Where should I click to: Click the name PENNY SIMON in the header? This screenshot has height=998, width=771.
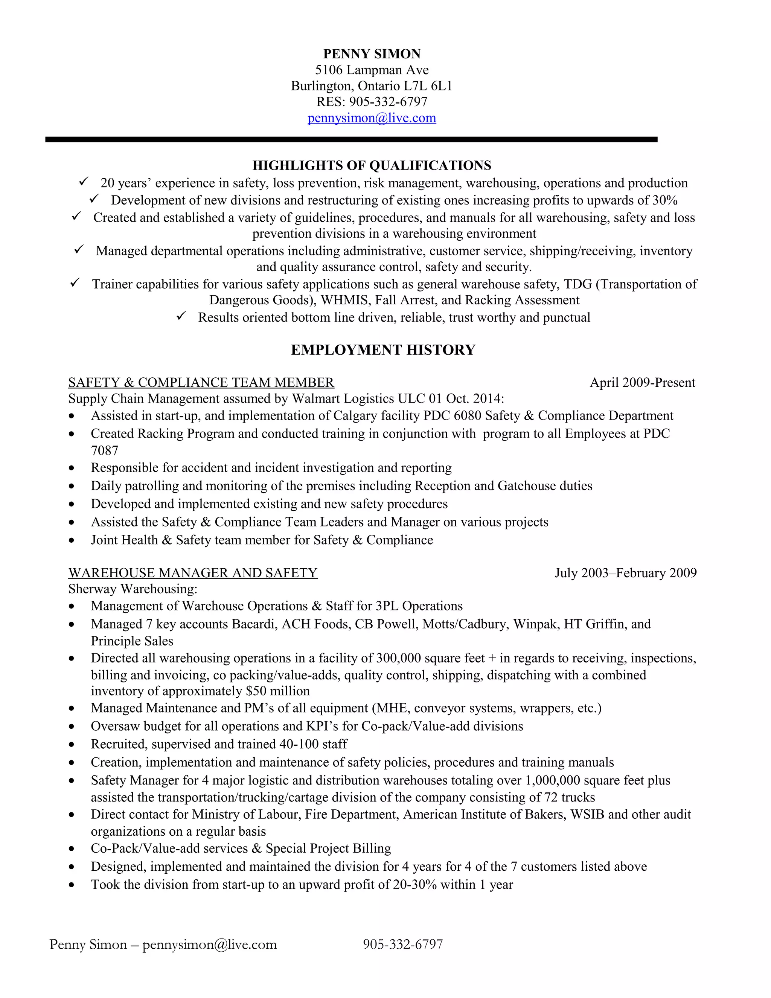click(x=372, y=54)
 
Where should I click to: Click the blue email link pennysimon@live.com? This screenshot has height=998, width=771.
click(x=372, y=118)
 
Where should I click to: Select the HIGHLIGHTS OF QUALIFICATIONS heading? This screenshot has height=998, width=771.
click(x=372, y=165)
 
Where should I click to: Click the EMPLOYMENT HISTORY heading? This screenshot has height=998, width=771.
click(x=383, y=349)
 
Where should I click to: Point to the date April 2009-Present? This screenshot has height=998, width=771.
click(x=642, y=383)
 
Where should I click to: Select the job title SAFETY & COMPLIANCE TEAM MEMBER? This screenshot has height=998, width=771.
click(x=201, y=383)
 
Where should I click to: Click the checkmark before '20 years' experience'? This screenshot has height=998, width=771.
click(x=84, y=182)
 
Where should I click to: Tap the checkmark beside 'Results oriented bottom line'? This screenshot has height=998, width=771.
click(x=181, y=316)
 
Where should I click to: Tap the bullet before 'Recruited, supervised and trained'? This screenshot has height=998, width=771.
click(x=71, y=745)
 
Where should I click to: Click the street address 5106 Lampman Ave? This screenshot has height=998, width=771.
click(x=372, y=70)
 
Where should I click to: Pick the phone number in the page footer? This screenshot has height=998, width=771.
click(x=402, y=944)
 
